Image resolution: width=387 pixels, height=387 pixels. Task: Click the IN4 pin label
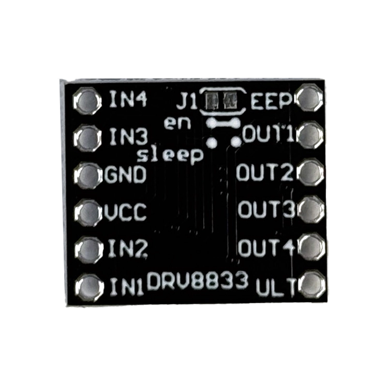pos(128,99)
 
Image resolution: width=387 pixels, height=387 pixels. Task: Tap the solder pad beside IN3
pos(88,138)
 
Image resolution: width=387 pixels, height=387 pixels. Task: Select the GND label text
pos(125,174)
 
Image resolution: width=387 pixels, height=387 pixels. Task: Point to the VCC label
pos(125,212)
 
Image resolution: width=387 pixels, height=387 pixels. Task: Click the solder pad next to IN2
pos(89,250)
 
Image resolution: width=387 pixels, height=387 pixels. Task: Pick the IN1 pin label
pos(127,287)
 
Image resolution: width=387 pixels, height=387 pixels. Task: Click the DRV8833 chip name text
pos(197,281)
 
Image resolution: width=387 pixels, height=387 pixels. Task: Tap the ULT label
pos(276,287)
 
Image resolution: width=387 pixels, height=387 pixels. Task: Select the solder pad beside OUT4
pos(312,246)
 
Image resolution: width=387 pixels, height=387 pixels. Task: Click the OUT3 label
pos(267,209)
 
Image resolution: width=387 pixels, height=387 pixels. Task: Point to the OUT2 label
pos(265,172)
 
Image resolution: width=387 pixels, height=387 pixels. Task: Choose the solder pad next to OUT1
pos(310,135)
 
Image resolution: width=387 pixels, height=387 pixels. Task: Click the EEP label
pos(271,101)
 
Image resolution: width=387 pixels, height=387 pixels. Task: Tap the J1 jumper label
pos(187,101)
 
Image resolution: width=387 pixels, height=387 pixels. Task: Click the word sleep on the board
pos(170,156)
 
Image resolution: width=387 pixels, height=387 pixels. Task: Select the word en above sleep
pos(178,123)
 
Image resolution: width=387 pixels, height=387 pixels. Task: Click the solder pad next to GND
pos(88,175)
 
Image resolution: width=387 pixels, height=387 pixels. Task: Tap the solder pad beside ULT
pos(313,284)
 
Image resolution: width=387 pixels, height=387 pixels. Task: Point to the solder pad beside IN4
pos(87,101)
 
